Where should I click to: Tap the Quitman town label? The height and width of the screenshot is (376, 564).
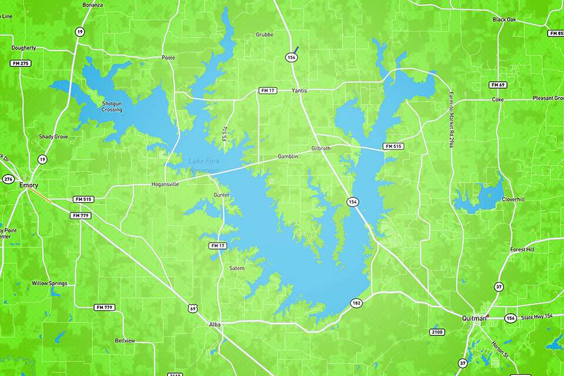474,318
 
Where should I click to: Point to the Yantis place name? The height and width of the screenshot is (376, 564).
299,90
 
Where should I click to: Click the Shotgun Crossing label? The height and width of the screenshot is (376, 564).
112,106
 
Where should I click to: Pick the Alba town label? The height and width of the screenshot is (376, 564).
214,324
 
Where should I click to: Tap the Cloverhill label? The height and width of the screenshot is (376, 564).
512,199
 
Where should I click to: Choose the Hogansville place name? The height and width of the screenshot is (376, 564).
164,184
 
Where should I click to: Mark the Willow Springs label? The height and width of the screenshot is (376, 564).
49,283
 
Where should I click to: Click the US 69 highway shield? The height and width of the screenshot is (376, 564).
192,308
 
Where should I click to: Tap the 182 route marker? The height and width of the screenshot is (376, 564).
357,303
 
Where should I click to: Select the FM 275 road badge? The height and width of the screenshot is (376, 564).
20,63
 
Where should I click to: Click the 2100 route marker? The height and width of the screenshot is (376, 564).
437,333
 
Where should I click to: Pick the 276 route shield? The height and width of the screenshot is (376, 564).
8,179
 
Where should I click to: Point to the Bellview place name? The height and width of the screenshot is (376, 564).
125,341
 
